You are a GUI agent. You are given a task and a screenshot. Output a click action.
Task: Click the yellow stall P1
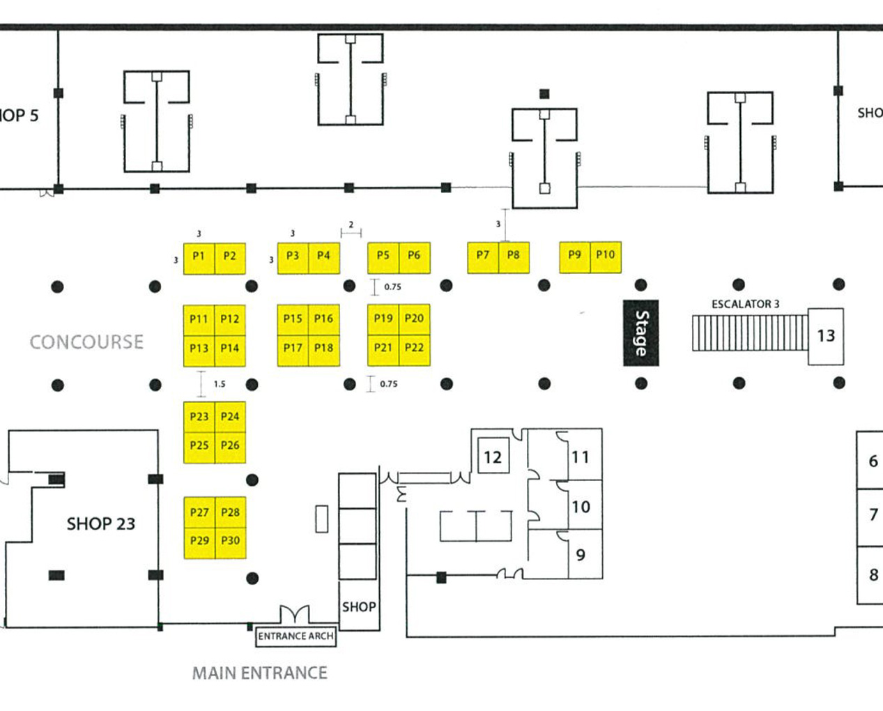199,259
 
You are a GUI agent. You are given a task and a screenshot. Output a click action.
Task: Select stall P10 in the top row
606,257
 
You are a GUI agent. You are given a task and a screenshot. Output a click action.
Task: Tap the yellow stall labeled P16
324,320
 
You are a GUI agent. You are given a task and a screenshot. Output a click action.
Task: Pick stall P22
415,350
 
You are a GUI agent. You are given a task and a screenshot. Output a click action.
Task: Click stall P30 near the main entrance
231,543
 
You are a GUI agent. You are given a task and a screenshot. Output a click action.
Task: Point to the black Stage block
641,333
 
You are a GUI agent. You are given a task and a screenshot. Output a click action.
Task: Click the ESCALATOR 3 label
745,304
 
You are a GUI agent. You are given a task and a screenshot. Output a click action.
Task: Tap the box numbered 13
826,337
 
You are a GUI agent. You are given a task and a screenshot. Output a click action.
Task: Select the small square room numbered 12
493,455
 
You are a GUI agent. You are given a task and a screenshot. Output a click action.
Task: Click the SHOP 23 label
101,523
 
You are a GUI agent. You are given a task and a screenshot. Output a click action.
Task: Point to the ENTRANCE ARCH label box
295,636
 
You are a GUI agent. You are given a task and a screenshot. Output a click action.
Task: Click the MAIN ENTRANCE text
260,673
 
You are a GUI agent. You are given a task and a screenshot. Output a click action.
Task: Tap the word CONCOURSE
86,342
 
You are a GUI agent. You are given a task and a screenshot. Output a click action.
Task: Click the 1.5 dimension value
220,384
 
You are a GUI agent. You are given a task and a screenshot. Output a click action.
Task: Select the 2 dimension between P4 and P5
351,224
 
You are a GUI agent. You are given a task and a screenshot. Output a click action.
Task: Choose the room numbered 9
585,554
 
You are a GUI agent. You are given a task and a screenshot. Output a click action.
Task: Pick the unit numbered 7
870,517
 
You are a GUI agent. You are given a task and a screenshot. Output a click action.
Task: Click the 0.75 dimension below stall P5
392,287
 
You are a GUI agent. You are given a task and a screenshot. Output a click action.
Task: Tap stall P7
483,258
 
